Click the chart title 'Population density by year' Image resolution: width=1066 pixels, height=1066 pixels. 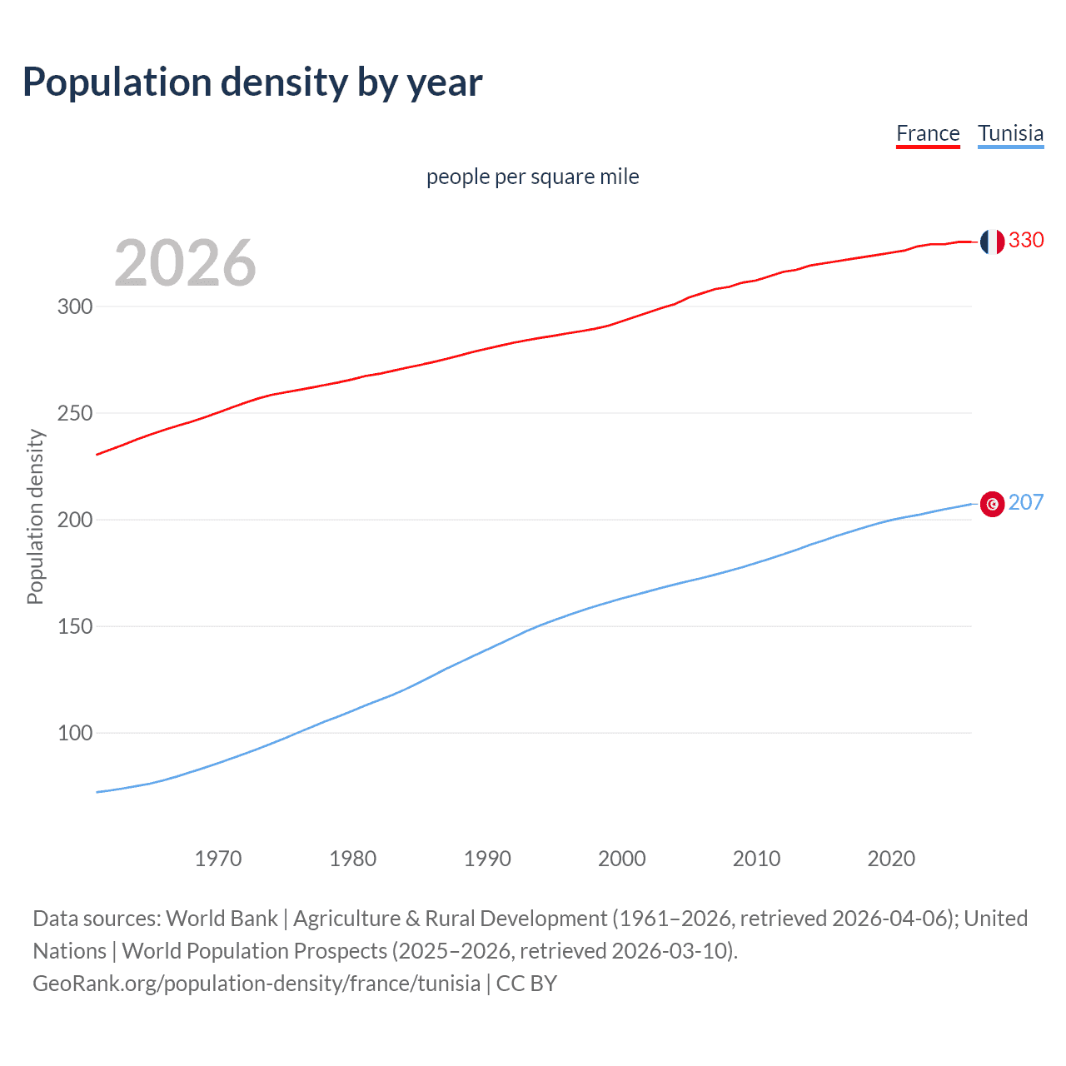click(252, 82)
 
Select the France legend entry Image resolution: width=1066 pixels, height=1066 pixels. click(928, 133)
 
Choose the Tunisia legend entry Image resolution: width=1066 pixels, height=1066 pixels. click(1010, 133)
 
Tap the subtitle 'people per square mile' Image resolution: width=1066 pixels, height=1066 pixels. click(532, 177)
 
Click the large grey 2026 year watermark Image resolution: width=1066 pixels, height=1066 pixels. click(185, 263)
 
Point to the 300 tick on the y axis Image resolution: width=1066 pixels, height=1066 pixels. click(75, 306)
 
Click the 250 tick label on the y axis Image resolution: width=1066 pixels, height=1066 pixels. click(75, 413)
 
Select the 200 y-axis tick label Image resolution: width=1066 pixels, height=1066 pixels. click(75, 520)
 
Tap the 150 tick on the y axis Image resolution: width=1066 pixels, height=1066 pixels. click(75, 626)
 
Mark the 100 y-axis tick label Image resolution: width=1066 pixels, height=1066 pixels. click(75, 733)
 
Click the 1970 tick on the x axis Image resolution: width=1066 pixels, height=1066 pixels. click(218, 859)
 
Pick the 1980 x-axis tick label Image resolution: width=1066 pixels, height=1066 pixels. click(353, 859)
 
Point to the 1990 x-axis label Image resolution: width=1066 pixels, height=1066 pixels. click(487, 859)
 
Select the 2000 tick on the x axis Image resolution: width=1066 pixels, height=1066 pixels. click(622, 859)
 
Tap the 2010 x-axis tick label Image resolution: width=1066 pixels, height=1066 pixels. click(756, 859)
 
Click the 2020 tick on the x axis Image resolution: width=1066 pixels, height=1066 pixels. click(891, 859)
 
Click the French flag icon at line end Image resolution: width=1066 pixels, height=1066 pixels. click(992, 242)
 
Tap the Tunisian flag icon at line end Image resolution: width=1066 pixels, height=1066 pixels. click(992, 504)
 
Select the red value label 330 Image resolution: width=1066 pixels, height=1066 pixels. click(1026, 240)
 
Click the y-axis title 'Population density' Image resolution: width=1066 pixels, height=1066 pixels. click(35, 516)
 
